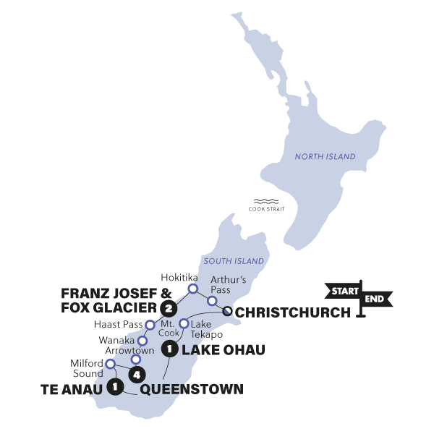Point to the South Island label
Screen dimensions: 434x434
233,260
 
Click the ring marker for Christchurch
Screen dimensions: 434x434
228,312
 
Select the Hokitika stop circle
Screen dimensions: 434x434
193,289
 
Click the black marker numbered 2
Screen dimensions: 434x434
169,310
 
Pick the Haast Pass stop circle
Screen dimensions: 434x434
150,325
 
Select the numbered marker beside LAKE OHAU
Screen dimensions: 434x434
169,350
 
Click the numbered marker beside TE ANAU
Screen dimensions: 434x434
114,388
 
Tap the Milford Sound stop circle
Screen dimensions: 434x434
111,375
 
